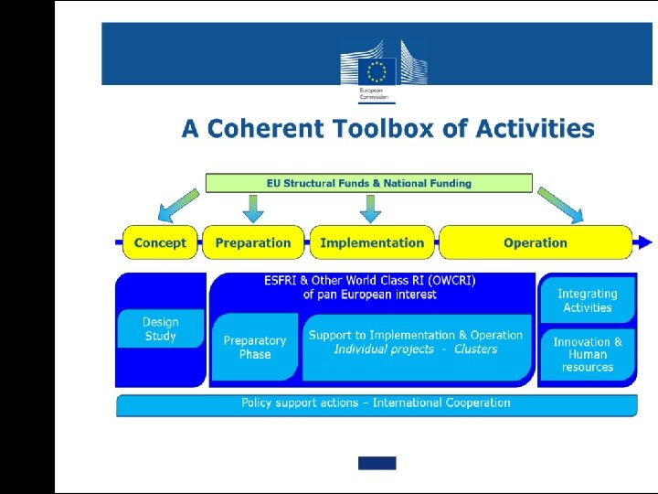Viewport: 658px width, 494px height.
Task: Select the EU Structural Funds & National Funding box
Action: (368, 183)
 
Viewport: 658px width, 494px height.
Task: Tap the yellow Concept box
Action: (160, 242)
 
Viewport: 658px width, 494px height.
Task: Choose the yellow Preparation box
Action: (253, 242)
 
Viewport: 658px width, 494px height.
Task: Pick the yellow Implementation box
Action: (372, 242)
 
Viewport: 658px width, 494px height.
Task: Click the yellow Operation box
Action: (536, 242)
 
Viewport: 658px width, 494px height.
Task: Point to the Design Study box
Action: (161, 329)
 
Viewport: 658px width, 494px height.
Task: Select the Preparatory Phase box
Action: (255, 348)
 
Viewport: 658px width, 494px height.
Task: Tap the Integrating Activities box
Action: (588, 301)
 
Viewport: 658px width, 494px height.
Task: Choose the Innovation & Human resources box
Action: (588, 355)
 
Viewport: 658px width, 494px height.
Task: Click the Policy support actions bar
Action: (376, 403)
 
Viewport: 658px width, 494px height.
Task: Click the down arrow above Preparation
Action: (254, 208)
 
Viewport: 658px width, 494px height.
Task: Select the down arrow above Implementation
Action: (370, 208)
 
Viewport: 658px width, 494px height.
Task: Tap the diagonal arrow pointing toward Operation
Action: (560, 205)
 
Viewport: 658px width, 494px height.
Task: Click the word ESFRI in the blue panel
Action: (283, 280)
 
